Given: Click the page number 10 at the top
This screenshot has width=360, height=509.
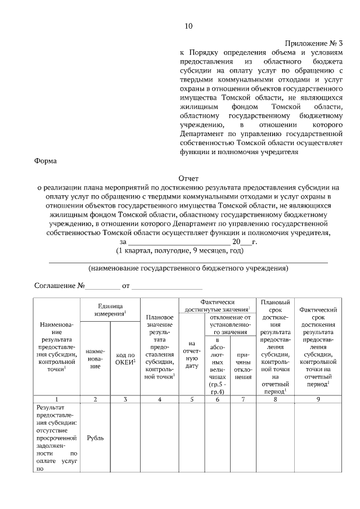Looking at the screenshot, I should pos(188,26).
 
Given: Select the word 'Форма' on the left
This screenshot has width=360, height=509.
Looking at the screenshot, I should pos(46,161).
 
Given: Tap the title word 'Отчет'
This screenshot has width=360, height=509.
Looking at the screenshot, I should pos(188,178).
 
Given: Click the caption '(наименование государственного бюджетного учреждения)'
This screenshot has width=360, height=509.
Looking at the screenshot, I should pos(188,269).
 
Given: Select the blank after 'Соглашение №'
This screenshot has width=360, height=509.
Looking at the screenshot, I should pos(102,286).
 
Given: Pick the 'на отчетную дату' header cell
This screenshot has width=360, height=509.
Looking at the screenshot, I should pos(192,358).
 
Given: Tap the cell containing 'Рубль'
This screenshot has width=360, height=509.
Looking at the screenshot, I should pos(95,437).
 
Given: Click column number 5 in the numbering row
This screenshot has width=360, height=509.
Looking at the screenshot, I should pos(192,399).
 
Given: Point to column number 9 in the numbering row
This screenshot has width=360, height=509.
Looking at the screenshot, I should pos(318,399).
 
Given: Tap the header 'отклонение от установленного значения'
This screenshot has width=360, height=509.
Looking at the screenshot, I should pos(229,325).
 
